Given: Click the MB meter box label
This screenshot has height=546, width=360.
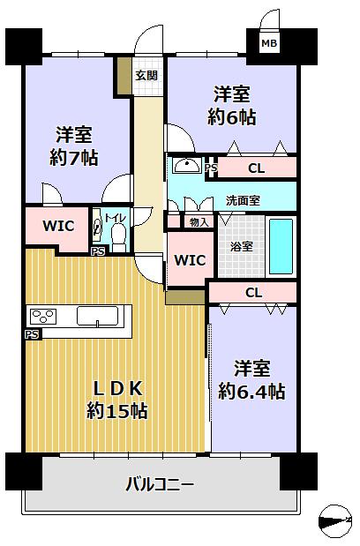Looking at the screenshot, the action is point(269,43).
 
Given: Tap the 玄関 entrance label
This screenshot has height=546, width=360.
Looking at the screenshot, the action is point(146,75).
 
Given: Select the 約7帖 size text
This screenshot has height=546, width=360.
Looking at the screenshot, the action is point(74,158).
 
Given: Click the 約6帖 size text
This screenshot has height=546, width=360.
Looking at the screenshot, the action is point(232,117).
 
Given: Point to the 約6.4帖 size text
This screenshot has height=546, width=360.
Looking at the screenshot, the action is point(251,392).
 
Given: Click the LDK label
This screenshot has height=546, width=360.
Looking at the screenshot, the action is point(118,389).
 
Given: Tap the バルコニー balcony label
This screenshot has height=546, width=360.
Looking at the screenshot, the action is point(160,485).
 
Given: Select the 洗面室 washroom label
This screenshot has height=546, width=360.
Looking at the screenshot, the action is point(243,200).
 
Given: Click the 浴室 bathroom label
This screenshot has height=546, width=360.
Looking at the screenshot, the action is point(241,246).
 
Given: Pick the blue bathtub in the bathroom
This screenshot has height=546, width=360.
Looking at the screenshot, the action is point(281,246).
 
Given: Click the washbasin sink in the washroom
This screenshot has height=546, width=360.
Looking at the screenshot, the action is point(187,165).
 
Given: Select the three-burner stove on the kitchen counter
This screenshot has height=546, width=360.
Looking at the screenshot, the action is point(43,317).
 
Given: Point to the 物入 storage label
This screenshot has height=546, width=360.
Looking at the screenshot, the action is point(199,221).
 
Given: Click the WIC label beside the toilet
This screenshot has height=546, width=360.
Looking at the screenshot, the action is point(58,226).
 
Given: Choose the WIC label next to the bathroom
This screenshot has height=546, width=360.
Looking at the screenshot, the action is point(190,259).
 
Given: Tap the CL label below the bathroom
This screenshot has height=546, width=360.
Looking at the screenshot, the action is point(254,293).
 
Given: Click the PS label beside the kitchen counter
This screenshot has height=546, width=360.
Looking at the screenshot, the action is point(31,334).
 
